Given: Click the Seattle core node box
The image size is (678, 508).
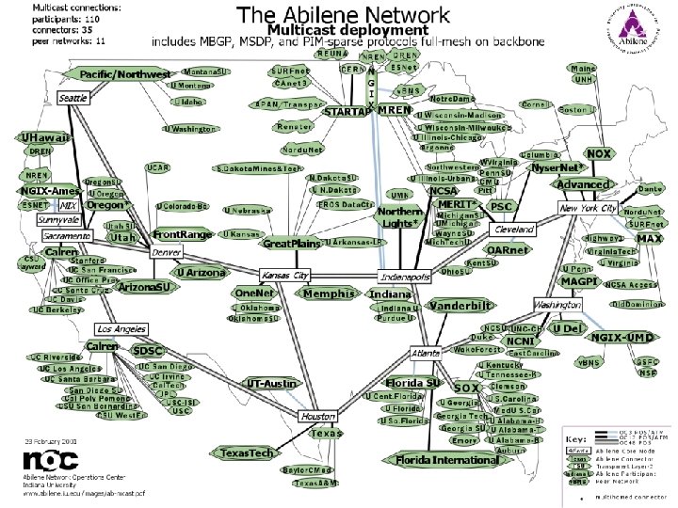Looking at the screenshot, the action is click(x=73, y=98).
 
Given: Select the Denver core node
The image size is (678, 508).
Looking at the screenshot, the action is click(x=167, y=252).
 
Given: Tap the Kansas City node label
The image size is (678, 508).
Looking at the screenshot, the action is click(x=284, y=276).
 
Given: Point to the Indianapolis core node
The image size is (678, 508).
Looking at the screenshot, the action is click(x=405, y=278).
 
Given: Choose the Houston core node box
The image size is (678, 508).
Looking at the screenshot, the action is click(x=318, y=416).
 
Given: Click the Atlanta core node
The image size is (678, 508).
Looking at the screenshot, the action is click(x=426, y=353).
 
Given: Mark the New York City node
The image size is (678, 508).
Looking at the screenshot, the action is click(x=589, y=207).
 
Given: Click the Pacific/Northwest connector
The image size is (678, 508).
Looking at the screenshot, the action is click(x=125, y=74).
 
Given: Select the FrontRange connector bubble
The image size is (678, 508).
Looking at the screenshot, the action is click(x=184, y=233).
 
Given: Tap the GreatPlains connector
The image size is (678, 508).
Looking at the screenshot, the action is click(x=292, y=244).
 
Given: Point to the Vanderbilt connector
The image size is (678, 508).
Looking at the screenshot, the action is click(x=461, y=306).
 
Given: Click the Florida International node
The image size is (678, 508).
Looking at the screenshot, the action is click(x=445, y=460).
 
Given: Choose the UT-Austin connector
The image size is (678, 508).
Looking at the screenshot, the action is click(x=271, y=384).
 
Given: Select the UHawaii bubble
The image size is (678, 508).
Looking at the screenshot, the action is click(x=44, y=137).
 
